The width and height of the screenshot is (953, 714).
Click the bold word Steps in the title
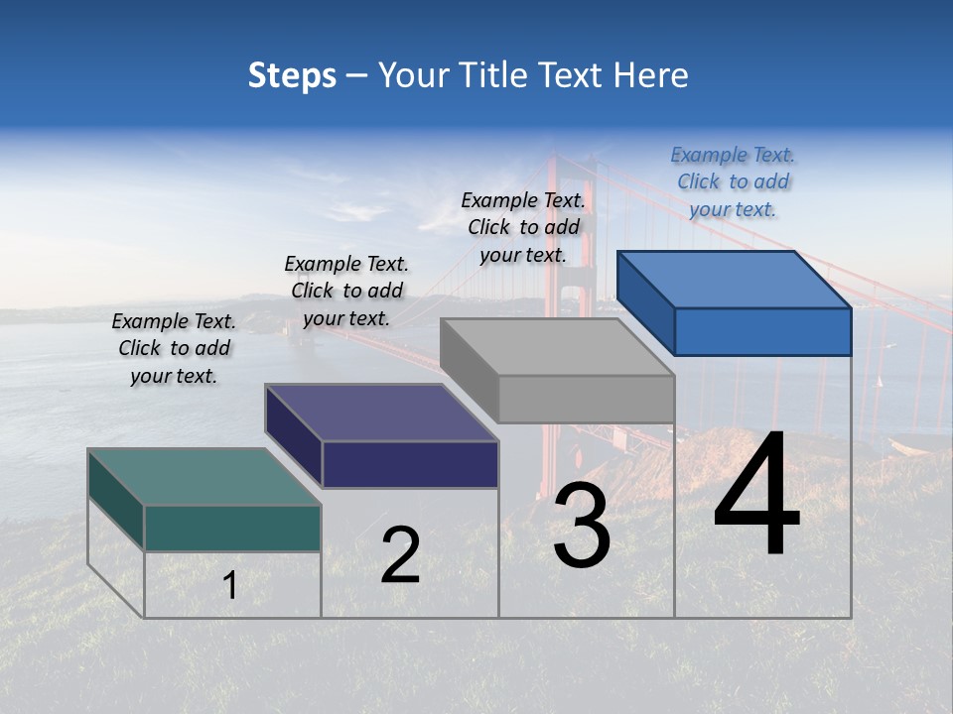(292, 75)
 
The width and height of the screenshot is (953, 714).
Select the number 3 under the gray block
(581, 527)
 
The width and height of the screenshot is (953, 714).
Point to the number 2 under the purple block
(400, 554)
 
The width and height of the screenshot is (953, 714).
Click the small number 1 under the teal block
(229, 585)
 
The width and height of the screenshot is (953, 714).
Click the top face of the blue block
(735, 279)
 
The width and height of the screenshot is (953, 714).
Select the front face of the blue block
(762, 331)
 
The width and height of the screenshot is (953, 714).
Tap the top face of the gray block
(556, 346)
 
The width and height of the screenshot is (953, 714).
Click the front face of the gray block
(586, 399)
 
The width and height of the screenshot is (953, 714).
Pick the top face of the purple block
(381, 412)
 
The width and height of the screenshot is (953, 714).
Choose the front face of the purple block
(410, 464)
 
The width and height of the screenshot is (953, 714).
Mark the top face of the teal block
(204, 476)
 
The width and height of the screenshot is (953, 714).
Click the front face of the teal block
(232, 528)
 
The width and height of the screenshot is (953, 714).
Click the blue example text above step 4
(733, 182)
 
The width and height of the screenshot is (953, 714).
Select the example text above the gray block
(523, 227)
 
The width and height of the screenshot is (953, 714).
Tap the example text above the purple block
(346, 291)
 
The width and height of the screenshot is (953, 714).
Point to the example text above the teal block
(174, 348)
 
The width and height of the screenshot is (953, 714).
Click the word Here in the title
(651, 75)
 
